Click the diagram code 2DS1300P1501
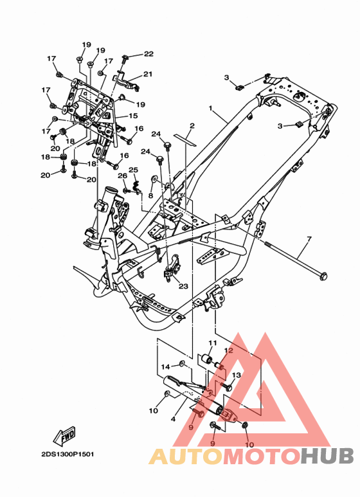tap(67, 454)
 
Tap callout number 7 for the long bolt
tap(309, 239)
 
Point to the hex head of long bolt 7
tap(323, 276)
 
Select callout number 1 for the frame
tap(210, 109)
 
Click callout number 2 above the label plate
tap(192, 126)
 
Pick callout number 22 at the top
tap(148, 54)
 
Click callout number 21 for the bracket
tap(148, 74)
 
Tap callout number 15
tap(134, 116)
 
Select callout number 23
tap(183, 286)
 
